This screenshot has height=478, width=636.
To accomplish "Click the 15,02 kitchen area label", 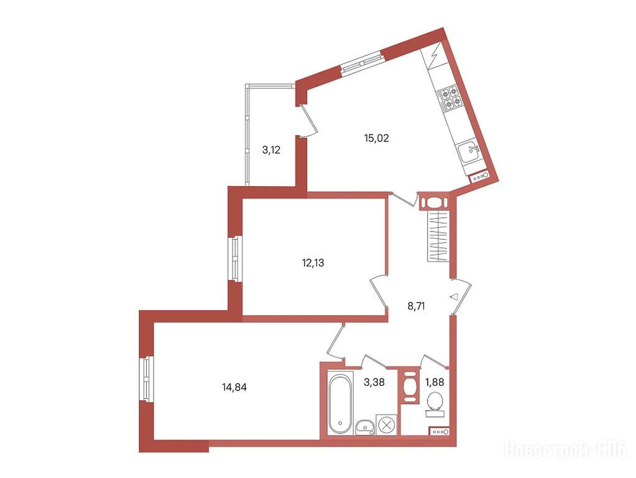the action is pyautogui.click(x=376, y=139).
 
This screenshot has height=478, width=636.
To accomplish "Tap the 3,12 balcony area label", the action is pyautogui.click(x=271, y=151).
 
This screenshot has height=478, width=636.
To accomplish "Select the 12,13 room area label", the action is pyautogui.click(x=313, y=263).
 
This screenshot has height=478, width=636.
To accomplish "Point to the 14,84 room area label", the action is pyautogui.click(x=234, y=387).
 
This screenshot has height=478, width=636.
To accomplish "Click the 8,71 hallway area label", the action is pyautogui.click(x=416, y=306).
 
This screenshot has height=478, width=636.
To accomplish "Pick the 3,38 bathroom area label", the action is pyautogui.click(x=374, y=382).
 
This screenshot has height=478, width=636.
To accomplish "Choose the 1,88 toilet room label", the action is pyautogui.click(x=435, y=382).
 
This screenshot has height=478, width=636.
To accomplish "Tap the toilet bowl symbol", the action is pyautogui.click(x=435, y=404).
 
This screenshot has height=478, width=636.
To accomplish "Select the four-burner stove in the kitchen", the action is pyautogui.click(x=450, y=98).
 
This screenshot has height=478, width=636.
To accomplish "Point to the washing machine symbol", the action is pyautogui.click(x=385, y=425).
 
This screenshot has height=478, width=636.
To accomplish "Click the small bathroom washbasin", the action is pyautogui.click(x=365, y=428).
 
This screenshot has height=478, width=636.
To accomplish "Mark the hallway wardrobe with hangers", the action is pyautogui.click(x=439, y=237).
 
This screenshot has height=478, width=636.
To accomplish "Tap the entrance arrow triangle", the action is pyautogui.click(x=454, y=297).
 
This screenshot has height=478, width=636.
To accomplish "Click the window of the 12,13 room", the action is pyautogui.click(x=235, y=258).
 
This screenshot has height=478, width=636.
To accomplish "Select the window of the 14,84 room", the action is pyautogui.click(x=147, y=379).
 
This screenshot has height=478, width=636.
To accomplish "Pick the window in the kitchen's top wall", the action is pyautogui.click(x=362, y=63).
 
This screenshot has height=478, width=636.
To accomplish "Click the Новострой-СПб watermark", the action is pyautogui.click(x=565, y=450).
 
